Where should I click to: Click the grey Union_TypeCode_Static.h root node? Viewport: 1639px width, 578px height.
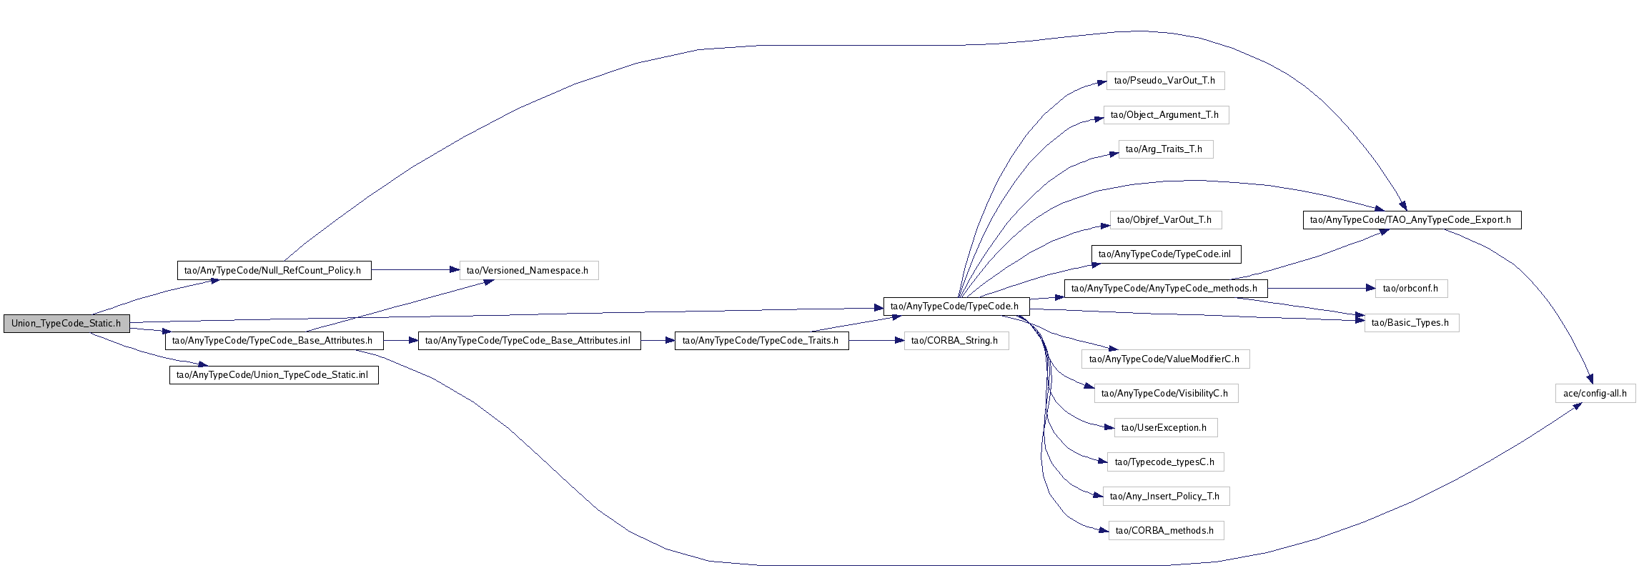[66, 323]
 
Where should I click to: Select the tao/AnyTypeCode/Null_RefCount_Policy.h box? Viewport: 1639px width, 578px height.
[274, 270]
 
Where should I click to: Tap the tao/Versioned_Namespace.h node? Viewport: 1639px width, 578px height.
[528, 270]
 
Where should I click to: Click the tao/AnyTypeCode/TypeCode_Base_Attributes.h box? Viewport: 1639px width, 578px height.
[274, 340]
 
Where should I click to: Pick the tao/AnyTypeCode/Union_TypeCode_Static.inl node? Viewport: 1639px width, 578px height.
[274, 374]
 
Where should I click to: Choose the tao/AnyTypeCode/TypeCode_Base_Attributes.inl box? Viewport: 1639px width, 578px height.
[529, 340]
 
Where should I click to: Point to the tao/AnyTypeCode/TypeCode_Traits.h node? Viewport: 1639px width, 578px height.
[761, 340]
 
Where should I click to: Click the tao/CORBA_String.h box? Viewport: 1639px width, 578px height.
[956, 340]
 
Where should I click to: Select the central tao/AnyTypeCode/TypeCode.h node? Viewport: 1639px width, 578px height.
[956, 306]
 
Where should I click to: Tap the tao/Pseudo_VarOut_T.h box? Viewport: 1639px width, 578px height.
[1165, 80]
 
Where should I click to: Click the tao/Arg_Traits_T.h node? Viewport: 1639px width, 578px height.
[1165, 149]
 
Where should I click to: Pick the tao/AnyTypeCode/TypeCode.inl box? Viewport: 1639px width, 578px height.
[1166, 254]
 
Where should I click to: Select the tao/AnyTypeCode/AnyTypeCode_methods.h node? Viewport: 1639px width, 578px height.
[1165, 288]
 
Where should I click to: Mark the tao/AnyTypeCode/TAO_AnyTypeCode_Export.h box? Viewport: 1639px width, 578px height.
[1412, 219]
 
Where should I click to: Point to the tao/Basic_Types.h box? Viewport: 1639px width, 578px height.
[1411, 322]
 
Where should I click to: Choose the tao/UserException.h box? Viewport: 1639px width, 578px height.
[1165, 427]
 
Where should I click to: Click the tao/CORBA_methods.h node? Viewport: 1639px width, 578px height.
[1165, 530]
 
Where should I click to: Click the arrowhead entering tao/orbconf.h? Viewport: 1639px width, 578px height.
[1370, 288]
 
